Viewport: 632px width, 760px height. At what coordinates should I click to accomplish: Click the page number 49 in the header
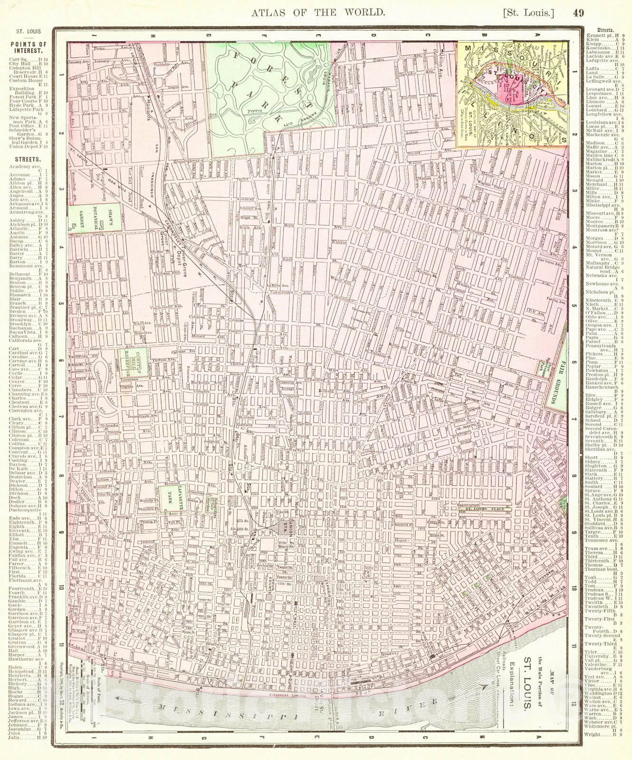click(x=578, y=13)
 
